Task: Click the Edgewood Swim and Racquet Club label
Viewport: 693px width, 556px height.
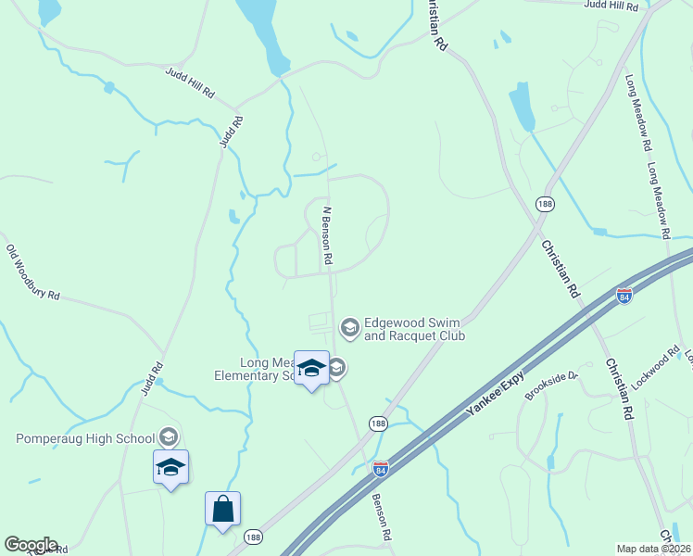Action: (413, 329)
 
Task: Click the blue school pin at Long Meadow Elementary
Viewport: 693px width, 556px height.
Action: (311, 369)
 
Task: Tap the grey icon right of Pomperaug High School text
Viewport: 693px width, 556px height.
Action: (168, 436)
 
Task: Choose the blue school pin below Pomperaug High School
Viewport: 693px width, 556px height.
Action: (171, 467)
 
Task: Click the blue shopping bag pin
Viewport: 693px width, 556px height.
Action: (222, 510)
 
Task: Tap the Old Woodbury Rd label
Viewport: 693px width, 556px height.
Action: (33, 272)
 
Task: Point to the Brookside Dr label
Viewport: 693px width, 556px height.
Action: (551, 385)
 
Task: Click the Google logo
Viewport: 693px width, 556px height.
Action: (31, 545)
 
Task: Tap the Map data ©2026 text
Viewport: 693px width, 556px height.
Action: (653, 549)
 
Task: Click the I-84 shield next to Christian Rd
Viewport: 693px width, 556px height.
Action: (624, 296)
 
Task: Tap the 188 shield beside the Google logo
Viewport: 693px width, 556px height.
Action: (253, 537)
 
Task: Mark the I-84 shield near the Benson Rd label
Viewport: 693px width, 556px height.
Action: (380, 469)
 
